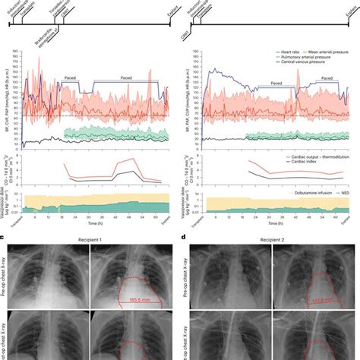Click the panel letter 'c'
[x=4, y=238]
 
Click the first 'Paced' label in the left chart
[x=75, y=76]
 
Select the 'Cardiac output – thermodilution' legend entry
[x=314, y=154]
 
